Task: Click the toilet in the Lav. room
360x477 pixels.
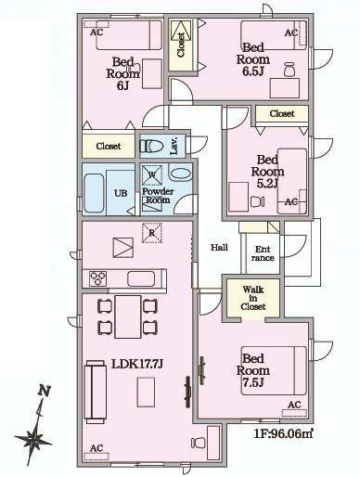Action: click(x=151, y=146)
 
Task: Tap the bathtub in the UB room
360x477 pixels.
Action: click(x=94, y=193)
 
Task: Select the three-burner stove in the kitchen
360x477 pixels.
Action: click(x=97, y=278)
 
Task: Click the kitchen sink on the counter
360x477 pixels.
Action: click(x=141, y=278)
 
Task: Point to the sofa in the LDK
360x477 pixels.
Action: click(x=96, y=392)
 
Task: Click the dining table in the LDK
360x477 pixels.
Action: click(x=128, y=316)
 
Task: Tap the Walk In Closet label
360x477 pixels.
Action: click(x=253, y=298)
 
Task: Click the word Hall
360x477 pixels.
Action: click(x=219, y=247)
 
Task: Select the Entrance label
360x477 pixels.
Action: click(x=263, y=253)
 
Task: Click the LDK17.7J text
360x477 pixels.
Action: click(x=136, y=364)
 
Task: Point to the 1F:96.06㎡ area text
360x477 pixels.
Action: click(x=283, y=433)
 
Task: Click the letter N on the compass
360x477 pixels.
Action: click(x=45, y=391)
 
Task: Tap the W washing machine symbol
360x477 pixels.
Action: click(x=152, y=175)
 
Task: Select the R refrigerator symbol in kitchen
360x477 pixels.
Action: click(x=151, y=233)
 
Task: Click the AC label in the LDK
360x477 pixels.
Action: click(x=96, y=448)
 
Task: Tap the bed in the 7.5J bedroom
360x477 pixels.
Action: click(x=274, y=370)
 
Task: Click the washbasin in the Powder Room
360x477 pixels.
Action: click(x=180, y=174)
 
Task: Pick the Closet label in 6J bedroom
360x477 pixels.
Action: click(x=109, y=146)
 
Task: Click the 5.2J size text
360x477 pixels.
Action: click(x=268, y=184)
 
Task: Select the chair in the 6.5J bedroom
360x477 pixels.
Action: click(x=289, y=70)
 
